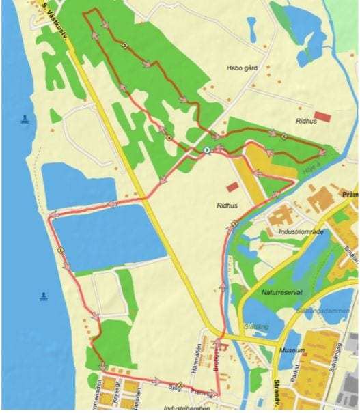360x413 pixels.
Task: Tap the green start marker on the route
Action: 207,150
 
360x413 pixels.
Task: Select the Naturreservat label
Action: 281,291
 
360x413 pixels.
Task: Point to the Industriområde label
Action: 301,231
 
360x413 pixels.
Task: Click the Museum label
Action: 292,350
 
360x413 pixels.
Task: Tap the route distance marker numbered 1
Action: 61,250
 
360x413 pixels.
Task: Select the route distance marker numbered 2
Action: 234,223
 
